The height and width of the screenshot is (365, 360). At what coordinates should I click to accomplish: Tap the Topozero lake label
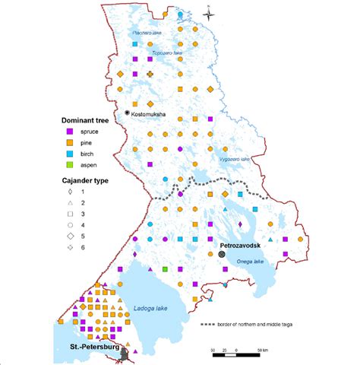[169, 54]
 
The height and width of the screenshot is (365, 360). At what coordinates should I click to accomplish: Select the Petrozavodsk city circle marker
[221, 255]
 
